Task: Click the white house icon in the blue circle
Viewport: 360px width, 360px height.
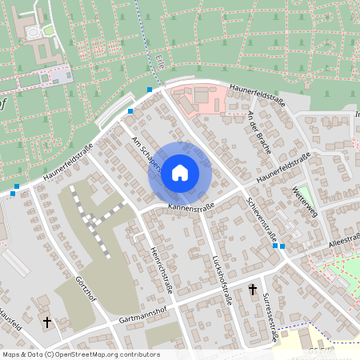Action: pos(180,173)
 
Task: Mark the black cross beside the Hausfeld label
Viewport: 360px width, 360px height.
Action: pos(46,323)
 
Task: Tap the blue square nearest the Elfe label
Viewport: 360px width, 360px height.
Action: pos(150,90)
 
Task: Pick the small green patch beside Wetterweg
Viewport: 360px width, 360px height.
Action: pos(302,193)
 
